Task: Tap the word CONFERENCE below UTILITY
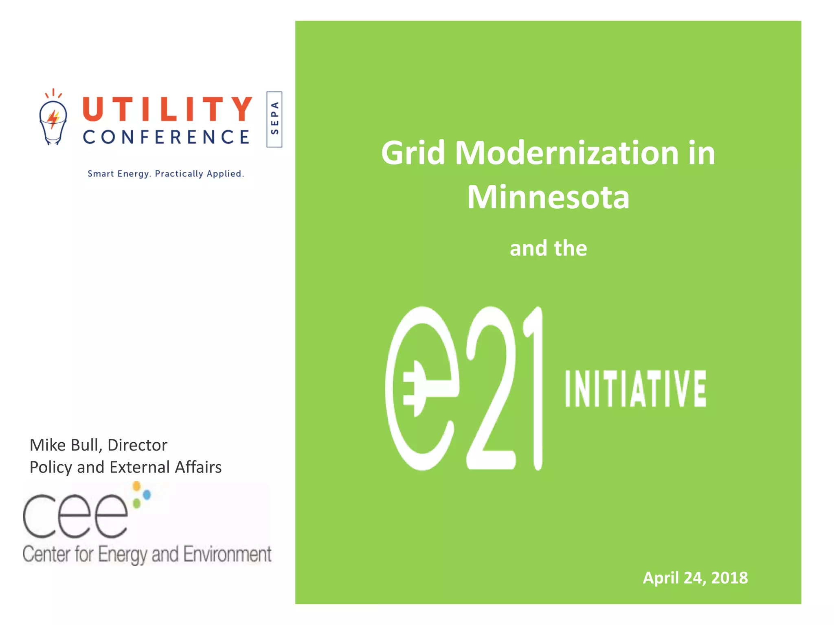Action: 166,137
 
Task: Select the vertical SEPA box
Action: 274,119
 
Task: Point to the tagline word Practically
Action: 179,174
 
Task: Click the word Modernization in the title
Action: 567,153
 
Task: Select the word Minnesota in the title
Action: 548,198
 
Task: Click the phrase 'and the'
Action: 548,248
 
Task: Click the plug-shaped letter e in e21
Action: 421,389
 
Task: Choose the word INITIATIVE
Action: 636,389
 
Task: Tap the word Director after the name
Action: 137,445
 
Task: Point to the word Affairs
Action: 198,467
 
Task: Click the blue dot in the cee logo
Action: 147,494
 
